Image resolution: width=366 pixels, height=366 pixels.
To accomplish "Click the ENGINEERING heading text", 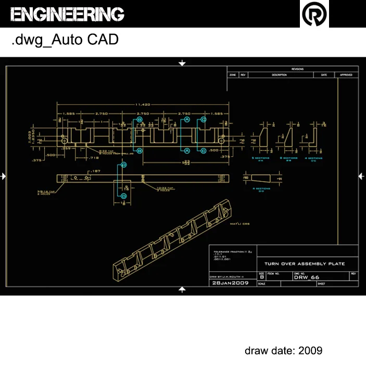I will [67, 14].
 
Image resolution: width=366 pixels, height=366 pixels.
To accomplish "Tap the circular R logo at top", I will [315, 14].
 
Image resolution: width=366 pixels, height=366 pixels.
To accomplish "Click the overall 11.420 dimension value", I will [143, 105].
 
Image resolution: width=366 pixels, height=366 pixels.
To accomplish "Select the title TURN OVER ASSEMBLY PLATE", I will [305, 264].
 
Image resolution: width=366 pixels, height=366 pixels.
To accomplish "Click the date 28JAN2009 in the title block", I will [230, 283].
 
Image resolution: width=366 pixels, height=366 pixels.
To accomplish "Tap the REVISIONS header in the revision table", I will [297, 69].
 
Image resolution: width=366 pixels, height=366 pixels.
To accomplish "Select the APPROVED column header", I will [346, 75].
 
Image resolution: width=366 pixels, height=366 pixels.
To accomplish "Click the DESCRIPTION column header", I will [279, 75].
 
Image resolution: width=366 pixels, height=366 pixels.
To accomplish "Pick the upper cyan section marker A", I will [186, 120].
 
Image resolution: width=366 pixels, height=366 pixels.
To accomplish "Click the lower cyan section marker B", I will [140, 150].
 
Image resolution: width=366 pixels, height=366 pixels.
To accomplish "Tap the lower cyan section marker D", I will [124, 196].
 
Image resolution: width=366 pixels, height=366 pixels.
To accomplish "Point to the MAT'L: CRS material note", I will [239, 224].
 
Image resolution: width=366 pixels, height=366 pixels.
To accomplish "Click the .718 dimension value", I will [94, 157].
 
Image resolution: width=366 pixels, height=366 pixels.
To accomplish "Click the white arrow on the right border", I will [361, 176].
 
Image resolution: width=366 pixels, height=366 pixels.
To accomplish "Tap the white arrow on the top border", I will [182, 63].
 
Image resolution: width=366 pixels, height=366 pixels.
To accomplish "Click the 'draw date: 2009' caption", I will [283, 350].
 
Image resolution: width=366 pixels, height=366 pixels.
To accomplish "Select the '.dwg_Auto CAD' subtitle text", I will [65, 40].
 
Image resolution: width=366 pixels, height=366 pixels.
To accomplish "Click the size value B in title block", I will [262, 277].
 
